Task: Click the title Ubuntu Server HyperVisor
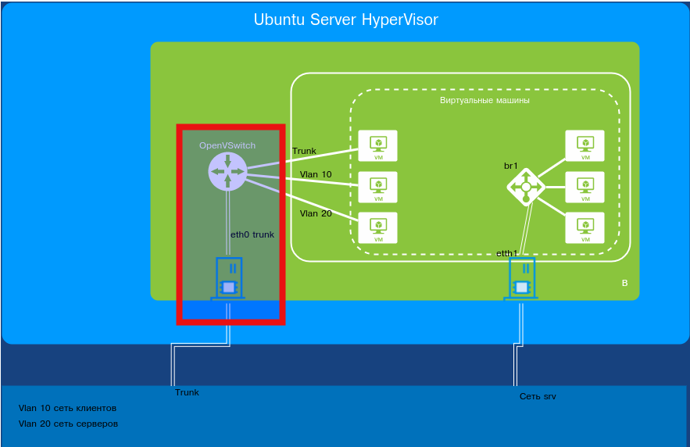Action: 345,20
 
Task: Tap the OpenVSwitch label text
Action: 227,145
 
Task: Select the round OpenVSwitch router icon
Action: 227,171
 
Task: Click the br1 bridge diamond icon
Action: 526,187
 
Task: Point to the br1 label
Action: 512,166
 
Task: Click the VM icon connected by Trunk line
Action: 378,146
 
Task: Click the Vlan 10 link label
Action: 316,174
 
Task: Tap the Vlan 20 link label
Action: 316,213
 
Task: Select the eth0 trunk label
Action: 252,234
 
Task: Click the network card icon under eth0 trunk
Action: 228,279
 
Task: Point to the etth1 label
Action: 507,253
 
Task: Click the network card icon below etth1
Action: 522,279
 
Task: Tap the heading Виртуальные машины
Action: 484,101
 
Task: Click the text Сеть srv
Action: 538,396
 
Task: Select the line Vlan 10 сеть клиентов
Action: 67,408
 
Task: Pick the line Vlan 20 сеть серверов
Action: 68,424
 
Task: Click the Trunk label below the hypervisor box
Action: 187,392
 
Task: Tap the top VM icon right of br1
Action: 585,146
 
